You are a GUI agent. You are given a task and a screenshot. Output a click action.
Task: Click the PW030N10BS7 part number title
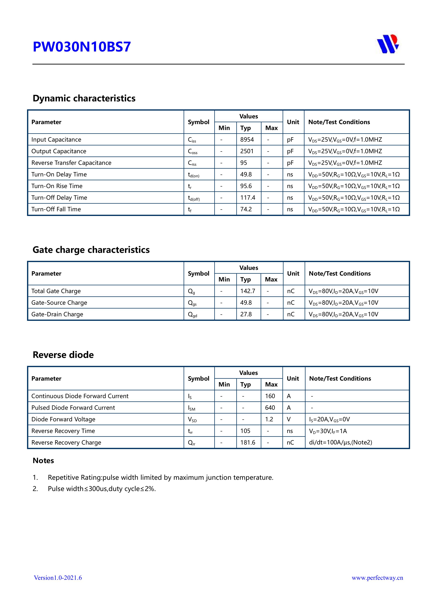click(x=82, y=47)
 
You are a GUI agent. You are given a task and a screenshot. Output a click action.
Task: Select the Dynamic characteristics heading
click(x=84, y=98)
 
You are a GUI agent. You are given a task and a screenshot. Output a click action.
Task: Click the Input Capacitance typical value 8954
click(x=247, y=140)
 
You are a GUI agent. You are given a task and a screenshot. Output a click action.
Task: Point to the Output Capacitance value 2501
click(x=247, y=151)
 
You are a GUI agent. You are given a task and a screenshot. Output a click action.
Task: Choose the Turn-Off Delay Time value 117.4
click(x=248, y=198)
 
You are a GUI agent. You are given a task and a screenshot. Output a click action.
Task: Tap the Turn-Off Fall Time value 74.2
click(x=246, y=209)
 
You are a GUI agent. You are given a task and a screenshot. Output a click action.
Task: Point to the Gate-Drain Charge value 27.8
click(x=246, y=314)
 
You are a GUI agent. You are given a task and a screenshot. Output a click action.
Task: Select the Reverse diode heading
click(x=63, y=355)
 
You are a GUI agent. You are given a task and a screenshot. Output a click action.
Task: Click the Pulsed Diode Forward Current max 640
click(x=270, y=407)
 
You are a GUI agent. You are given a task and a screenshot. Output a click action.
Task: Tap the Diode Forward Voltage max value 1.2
click(x=269, y=419)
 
